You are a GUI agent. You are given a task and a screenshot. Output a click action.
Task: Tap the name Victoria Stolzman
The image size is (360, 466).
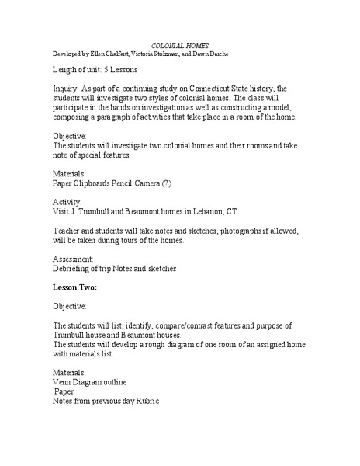[164, 54]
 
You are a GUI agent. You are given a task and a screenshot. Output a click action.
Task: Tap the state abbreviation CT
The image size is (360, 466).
[234, 211]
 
